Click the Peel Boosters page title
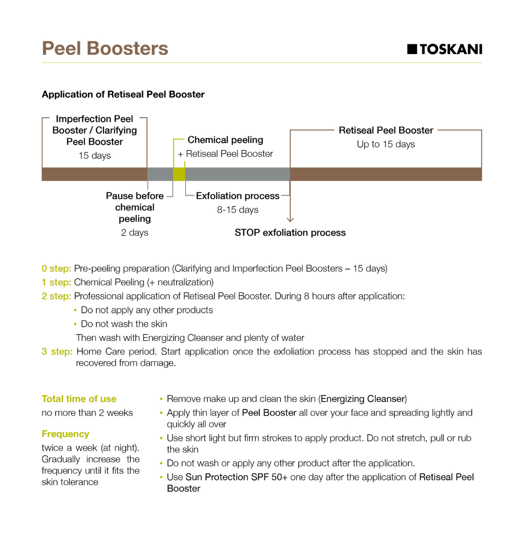click(x=105, y=49)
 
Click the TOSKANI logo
click(x=444, y=49)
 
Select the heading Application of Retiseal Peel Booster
click(x=123, y=94)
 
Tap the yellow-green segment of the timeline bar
click(x=179, y=174)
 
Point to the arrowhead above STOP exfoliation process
click(x=290, y=219)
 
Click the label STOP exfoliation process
click(x=290, y=232)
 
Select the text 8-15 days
click(x=237, y=210)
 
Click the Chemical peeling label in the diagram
click(x=225, y=140)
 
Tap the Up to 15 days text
click(x=385, y=144)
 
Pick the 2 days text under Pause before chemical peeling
click(x=134, y=232)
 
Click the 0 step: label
click(x=56, y=268)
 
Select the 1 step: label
click(x=56, y=282)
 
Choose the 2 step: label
click(x=56, y=296)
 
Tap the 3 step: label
click(x=57, y=351)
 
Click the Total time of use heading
click(x=79, y=399)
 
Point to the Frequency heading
click(x=65, y=434)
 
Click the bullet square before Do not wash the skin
click(x=75, y=324)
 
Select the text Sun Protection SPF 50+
click(x=236, y=477)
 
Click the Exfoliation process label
click(x=237, y=196)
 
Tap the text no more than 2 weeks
click(x=87, y=413)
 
